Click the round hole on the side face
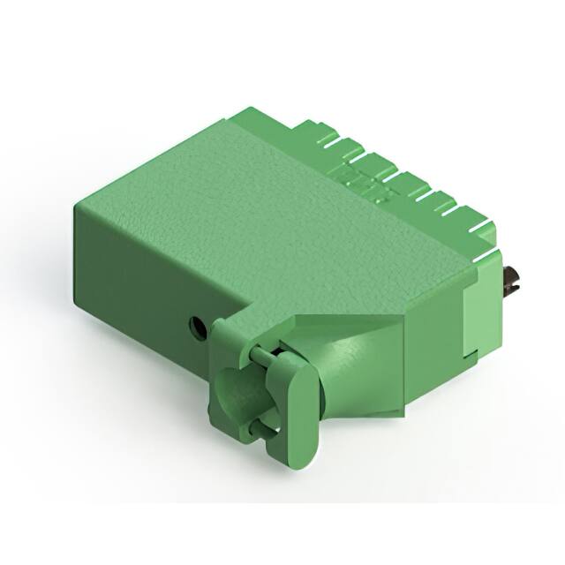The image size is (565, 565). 199,328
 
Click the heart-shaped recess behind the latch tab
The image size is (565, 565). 233,395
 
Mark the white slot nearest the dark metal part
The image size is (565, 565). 484,231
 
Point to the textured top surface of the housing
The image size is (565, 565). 265,203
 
